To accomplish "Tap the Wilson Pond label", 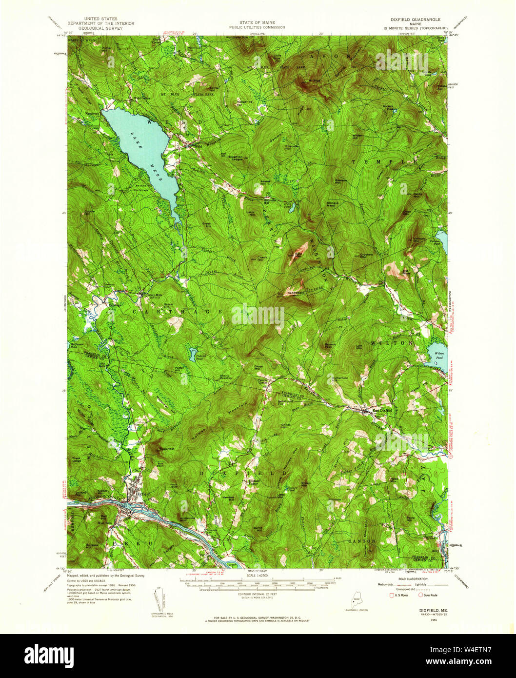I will pos(438,353).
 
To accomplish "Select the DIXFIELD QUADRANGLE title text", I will pos(415,20).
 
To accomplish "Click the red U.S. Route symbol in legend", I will pos(391,595).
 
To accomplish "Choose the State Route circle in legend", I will pos(420,595).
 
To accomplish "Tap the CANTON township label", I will pos(361,541).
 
